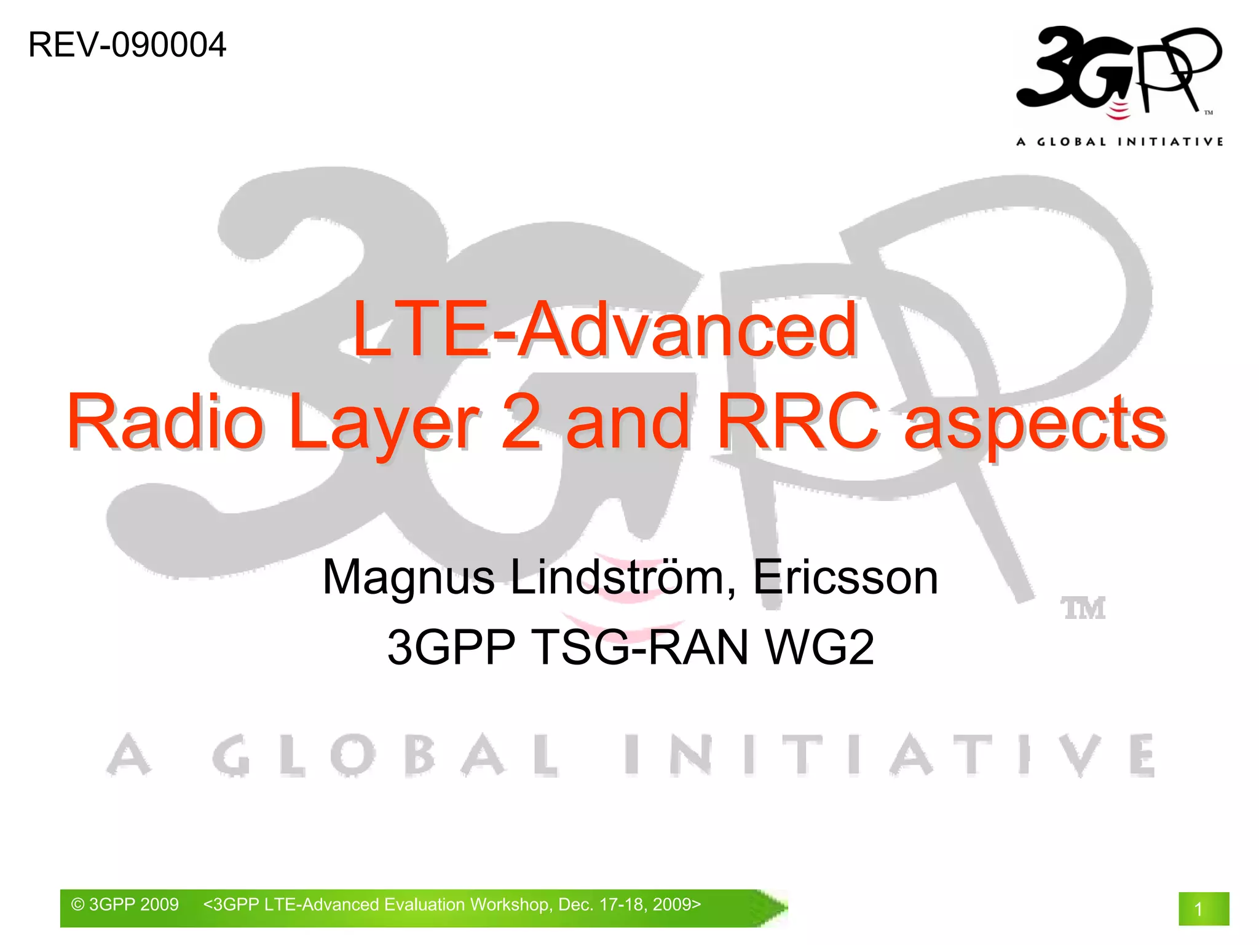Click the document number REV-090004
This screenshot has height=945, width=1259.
127,46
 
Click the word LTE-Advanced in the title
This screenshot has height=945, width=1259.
605,330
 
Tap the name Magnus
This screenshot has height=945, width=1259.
408,578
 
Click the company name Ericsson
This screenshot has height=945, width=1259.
846,578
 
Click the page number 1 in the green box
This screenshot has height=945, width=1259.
1198,909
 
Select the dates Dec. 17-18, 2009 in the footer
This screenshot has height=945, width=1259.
629,904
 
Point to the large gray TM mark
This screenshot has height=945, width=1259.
1083,608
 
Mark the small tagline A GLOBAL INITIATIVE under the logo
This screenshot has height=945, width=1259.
1119,142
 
